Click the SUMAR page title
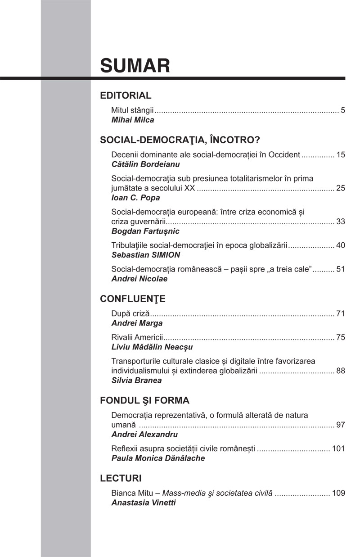[135, 66]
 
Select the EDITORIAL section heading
[126, 95]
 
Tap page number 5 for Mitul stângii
[343, 110]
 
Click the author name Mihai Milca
[133, 120]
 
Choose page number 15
[341, 154]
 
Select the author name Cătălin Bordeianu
[139, 164]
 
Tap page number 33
[341, 222]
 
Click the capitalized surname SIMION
[164, 255]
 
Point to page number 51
[341, 269]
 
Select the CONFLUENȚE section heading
[133, 299]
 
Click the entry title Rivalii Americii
[137, 337]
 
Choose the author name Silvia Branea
[136, 380]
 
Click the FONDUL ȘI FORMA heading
[144, 401]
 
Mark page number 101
[338, 448]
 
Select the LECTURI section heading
[121, 478]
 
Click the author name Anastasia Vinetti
[144, 503]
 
